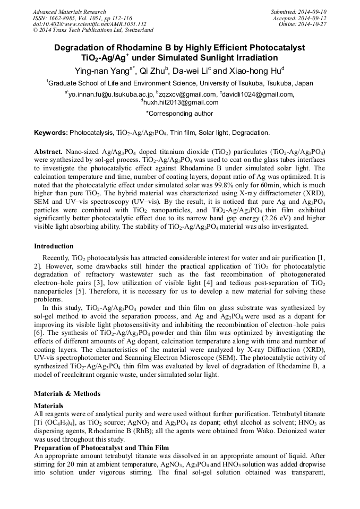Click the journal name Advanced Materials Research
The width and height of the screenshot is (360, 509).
click(x=69, y=12)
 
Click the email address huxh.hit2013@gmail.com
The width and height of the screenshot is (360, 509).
click(x=181, y=102)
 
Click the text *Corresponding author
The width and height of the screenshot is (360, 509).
click(x=179, y=113)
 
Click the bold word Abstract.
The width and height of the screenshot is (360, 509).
click(x=48, y=151)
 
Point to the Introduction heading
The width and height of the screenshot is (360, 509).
click(x=54, y=246)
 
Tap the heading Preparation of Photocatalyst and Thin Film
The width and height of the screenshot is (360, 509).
click(x=101, y=448)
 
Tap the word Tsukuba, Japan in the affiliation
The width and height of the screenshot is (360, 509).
click(x=287, y=83)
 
